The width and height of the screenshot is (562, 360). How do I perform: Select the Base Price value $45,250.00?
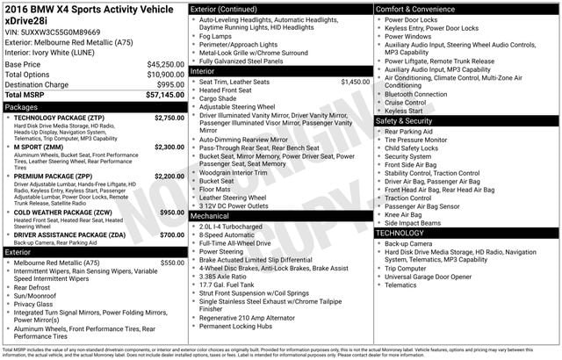click(165, 64)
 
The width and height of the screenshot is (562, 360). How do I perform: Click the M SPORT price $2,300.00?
click(169, 147)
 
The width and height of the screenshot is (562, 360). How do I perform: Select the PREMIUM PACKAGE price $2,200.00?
click(169, 176)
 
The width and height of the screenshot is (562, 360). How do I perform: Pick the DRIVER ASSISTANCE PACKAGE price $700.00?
click(171, 235)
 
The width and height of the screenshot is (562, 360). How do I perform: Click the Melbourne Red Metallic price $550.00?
click(172, 262)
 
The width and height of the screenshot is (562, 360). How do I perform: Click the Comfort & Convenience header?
click(416, 8)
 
